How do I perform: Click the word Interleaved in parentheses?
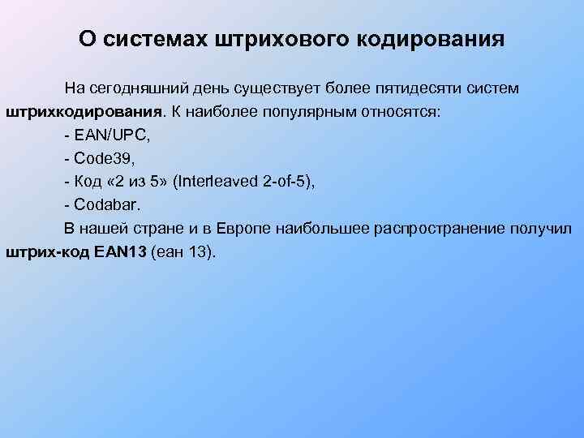223,181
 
